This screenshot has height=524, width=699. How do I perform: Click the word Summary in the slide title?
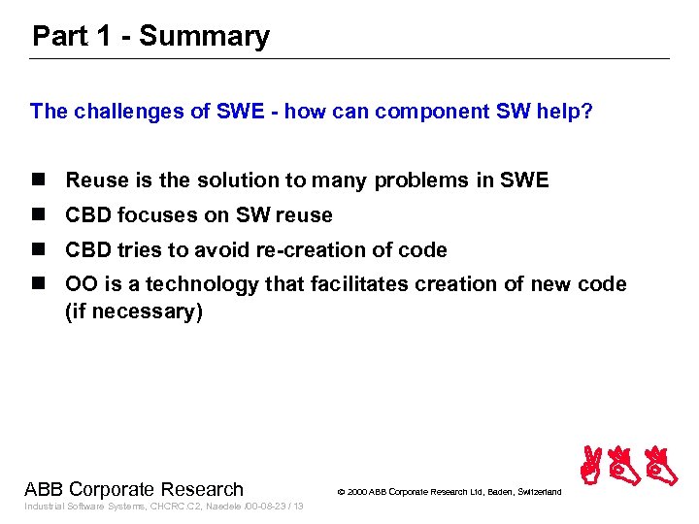click(204, 37)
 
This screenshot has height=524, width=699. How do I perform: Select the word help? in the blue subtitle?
click(558, 111)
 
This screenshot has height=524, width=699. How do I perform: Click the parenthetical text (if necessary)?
click(134, 312)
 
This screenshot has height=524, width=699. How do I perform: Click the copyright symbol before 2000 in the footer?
click(341, 493)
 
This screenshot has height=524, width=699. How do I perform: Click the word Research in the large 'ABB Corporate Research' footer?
click(204, 488)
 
